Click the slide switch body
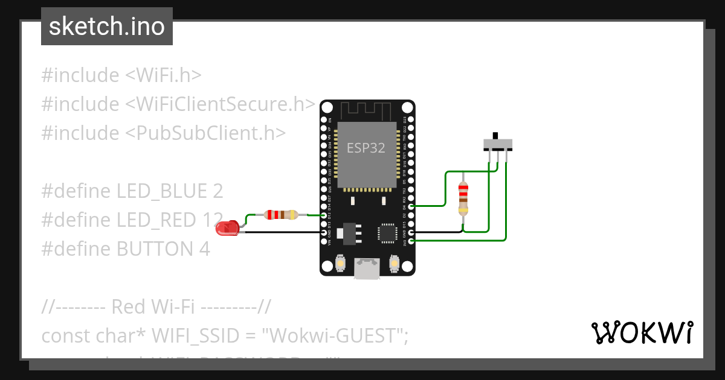point(498,144)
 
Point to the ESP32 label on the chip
point(366,148)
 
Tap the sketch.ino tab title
point(107,27)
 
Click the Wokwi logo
point(642,332)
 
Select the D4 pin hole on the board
point(411,207)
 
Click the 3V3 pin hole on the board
point(411,241)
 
